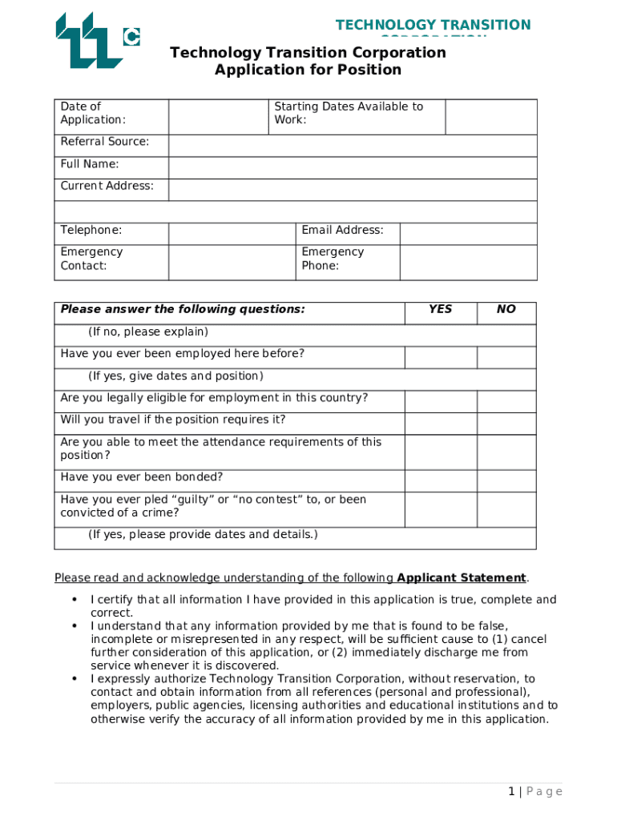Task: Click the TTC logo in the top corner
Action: tap(96, 40)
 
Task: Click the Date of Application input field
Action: tap(218, 116)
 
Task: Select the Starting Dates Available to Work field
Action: tap(490, 116)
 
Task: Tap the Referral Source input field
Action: tap(353, 145)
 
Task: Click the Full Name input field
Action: tap(353, 167)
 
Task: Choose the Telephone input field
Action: tap(232, 233)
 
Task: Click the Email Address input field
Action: tap(468, 233)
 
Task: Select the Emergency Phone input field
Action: tap(468, 262)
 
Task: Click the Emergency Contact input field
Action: tap(232, 262)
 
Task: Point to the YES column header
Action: tap(440, 309)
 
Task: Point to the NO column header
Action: tap(506, 309)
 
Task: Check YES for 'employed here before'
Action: tap(440, 357)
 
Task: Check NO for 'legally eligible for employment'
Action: tap(506, 401)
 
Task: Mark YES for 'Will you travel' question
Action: tap(440, 423)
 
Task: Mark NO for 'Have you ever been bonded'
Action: tap(506, 480)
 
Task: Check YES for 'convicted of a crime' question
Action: tap(440, 509)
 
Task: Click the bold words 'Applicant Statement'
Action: tap(462, 578)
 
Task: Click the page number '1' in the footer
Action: tap(511, 792)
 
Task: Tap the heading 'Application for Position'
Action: tap(308, 70)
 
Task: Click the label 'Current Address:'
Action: tap(107, 186)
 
